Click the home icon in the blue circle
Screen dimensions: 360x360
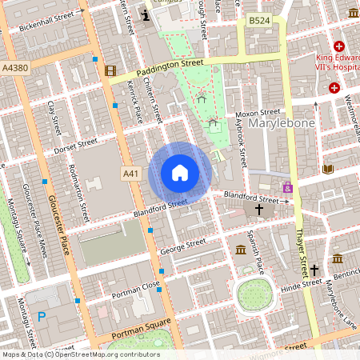pos(180,173)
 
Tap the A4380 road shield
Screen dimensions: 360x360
pos(14,68)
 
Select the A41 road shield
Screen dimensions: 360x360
pos(131,173)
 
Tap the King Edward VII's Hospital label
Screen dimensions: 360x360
pos(323,63)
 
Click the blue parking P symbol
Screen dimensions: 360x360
pos(42,318)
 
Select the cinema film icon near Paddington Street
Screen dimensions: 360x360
pos(110,70)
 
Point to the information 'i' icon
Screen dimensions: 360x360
pos(144,14)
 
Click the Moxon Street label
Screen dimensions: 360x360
pos(258,114)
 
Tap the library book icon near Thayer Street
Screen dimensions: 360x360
pos(328,169)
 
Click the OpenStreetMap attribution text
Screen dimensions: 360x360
pos(80,354)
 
